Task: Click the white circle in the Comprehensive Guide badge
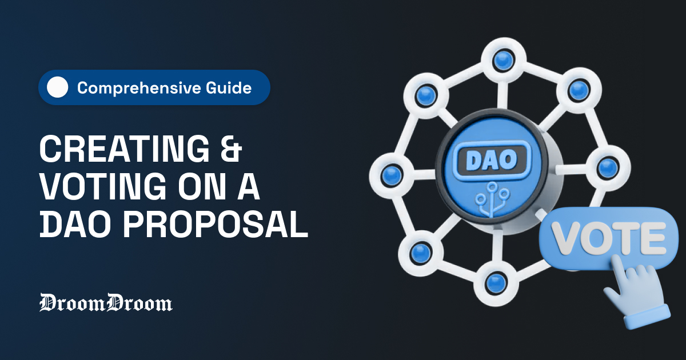click(57, 88)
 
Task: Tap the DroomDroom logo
click(106, 303)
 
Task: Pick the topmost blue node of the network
click(502, 59)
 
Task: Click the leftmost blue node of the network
click(391, 173)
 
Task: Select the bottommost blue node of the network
click(494, 281)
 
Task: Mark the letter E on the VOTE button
click(652, 235)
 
